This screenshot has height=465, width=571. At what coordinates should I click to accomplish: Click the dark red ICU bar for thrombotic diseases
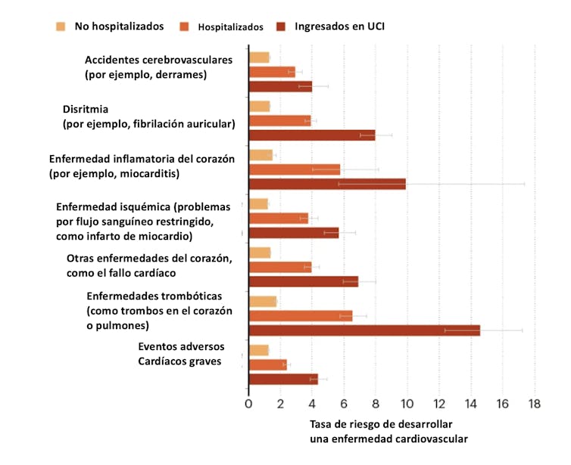point(364,330)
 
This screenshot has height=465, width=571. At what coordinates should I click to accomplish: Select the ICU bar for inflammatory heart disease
point(327,184)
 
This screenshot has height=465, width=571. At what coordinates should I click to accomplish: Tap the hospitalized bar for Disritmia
point(279,120)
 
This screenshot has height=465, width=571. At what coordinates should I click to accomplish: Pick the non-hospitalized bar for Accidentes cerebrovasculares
point(258,57)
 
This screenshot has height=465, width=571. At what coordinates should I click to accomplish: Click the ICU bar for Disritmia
point(311,135)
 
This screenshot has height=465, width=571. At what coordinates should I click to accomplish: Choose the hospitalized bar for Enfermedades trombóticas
point(300,316)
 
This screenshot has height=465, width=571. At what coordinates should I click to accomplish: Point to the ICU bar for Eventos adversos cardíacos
point(282,379)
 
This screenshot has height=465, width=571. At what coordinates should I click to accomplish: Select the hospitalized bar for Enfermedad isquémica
point(278,219)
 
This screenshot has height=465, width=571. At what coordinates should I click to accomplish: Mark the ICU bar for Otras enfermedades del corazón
point(303,281)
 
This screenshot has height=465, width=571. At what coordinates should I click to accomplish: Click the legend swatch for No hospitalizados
point(61,26)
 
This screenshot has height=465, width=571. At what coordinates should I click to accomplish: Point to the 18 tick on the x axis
point(534,404)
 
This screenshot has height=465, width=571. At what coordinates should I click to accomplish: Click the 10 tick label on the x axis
point(407,404)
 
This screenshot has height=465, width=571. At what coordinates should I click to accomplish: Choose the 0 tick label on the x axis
point(248,404)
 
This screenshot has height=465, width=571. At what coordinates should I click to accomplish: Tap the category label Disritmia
point(85,109)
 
